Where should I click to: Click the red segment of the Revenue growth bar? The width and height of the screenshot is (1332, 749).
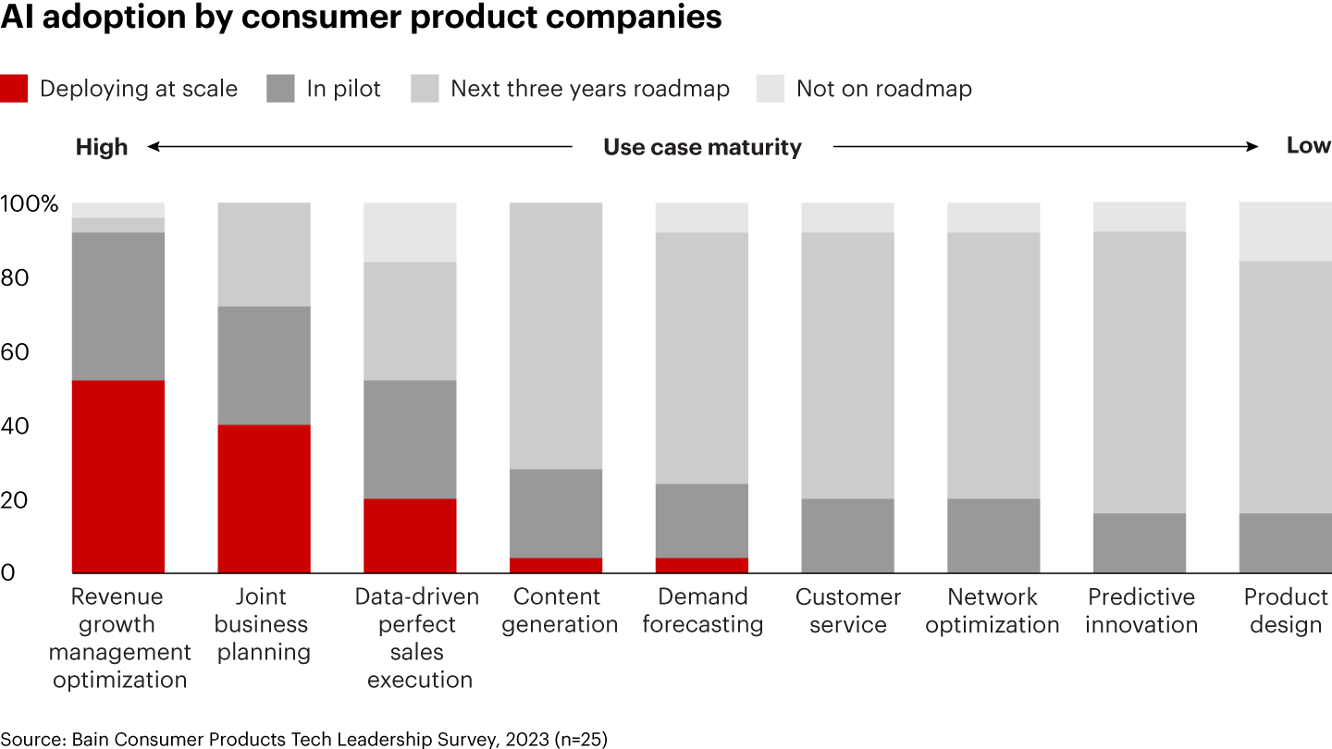(118, 476)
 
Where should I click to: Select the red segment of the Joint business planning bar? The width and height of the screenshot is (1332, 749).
(264, 498)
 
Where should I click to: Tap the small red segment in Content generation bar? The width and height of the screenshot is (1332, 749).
(556, 565)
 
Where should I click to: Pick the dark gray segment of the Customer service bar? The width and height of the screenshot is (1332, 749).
(847, 535)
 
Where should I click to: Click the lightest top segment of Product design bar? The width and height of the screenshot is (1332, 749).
(1285, 231)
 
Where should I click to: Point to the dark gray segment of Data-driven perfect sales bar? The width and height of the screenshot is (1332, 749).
(410, 439)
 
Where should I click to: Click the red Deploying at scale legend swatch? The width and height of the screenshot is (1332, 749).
(14, 89)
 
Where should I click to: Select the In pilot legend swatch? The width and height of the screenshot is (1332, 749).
(280, 89)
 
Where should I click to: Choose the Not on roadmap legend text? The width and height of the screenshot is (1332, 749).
(883, 89)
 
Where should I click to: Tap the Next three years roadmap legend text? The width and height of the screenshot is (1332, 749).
(589, 89)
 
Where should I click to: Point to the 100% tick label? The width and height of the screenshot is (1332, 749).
(29, 203)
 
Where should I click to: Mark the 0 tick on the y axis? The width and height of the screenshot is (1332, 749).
(8, 573)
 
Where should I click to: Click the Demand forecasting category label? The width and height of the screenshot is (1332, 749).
(702, 610)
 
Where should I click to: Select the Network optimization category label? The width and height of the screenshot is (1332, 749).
(993, 610)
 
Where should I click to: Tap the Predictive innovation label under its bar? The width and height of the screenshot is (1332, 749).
(1141, 610)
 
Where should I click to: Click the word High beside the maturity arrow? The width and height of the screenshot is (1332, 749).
(102, 146)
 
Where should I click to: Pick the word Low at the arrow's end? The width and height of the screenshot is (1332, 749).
(1308, 145)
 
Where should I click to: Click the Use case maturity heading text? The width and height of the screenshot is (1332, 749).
(702, 147)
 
